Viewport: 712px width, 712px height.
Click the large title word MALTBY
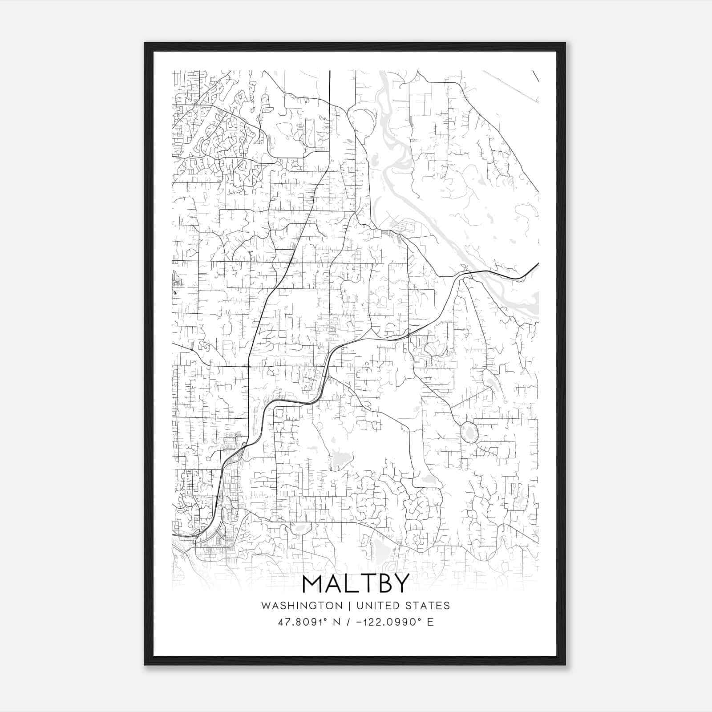[356, 584]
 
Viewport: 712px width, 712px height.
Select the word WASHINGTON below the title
[302, 606]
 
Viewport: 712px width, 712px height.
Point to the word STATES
[431, 606]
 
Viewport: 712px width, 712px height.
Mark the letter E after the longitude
[430, 622]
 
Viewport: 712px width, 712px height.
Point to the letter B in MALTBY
[382, 584]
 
